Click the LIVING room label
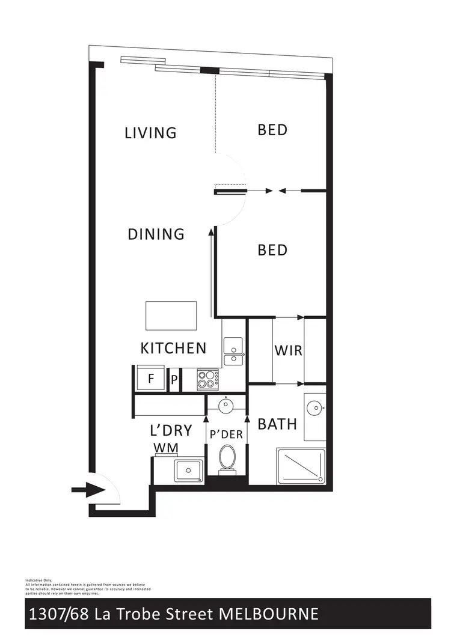[150, 132]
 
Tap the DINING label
[156, 234]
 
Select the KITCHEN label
[173, 348]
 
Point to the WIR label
[288, 350]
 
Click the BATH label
[277, 424]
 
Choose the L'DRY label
[171, 430]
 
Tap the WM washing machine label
[165, 448]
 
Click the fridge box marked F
[151, 379]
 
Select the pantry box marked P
[174, 380]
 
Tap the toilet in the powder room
[227, 458]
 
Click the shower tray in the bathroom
[301, 466]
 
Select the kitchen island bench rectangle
[171, 315]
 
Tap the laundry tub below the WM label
[188, 470]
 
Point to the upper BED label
[272, 130]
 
